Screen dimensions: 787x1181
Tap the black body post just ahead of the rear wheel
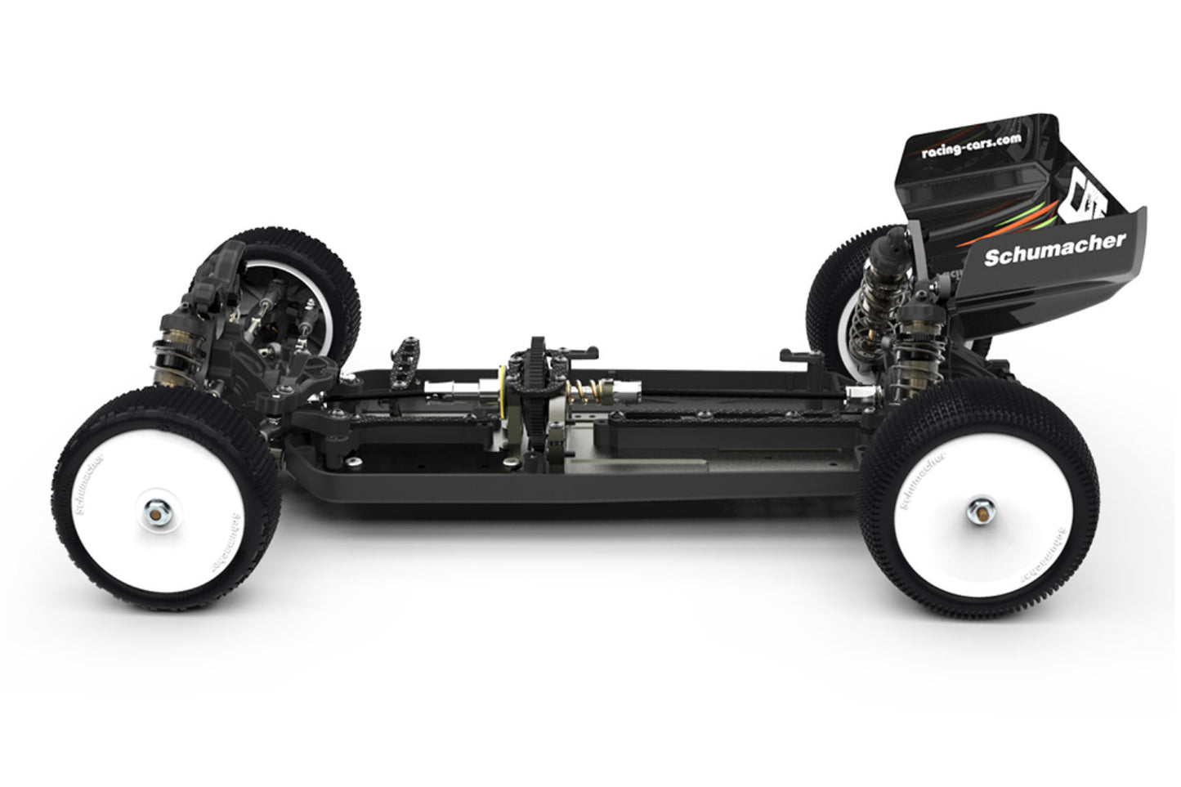pos(796,357)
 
